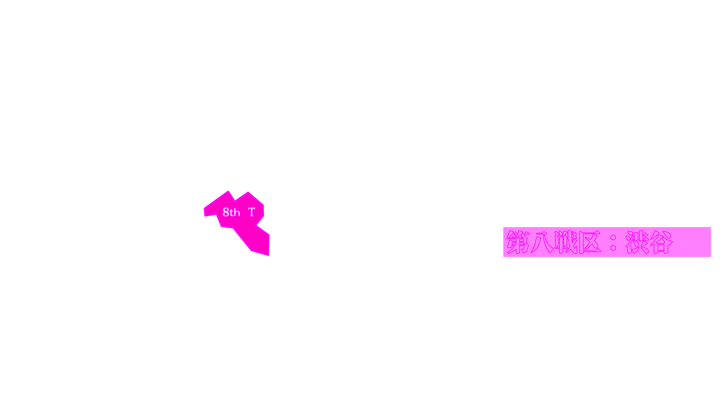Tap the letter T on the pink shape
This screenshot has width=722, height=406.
click(x=251, y=212)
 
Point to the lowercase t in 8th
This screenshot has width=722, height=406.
click(x=232, y=213)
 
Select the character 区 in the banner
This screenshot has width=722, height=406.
click(x=590, y=242)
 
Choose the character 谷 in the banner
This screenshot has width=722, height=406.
click(x=662, y=242)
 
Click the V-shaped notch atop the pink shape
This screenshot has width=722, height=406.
click(x=235, y=200)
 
